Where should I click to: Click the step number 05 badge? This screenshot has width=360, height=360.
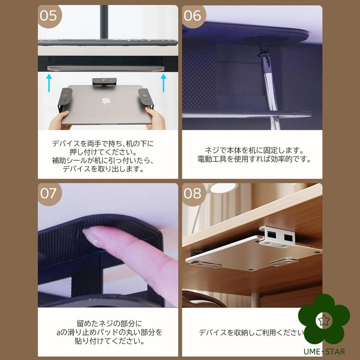[x=49, y=16]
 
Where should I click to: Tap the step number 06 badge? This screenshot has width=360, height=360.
[x=193, y=16]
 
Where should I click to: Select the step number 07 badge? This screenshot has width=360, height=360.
[x=49, y=193]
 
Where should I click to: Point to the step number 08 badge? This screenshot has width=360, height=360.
[x=193, y=193]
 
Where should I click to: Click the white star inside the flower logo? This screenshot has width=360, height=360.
[x=323, y=320]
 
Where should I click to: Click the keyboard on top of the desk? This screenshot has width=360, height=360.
[x=108, y=42]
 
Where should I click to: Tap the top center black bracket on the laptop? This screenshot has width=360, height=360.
[x=104, y=81]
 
